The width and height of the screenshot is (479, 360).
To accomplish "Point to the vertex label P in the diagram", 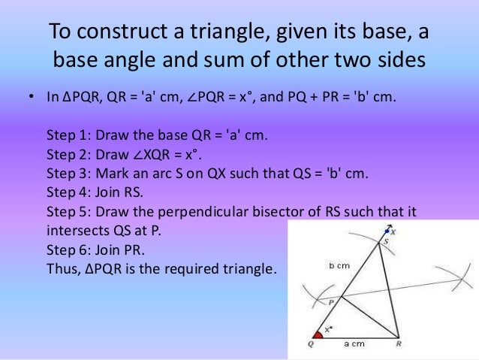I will pos(331,301).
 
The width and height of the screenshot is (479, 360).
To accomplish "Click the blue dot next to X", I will pos(387,230).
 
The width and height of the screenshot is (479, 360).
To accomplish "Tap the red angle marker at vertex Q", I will pos(318,334).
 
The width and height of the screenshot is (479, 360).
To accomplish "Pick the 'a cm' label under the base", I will pos(354,343).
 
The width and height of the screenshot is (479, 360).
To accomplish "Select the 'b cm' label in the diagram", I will pos(339,265).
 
